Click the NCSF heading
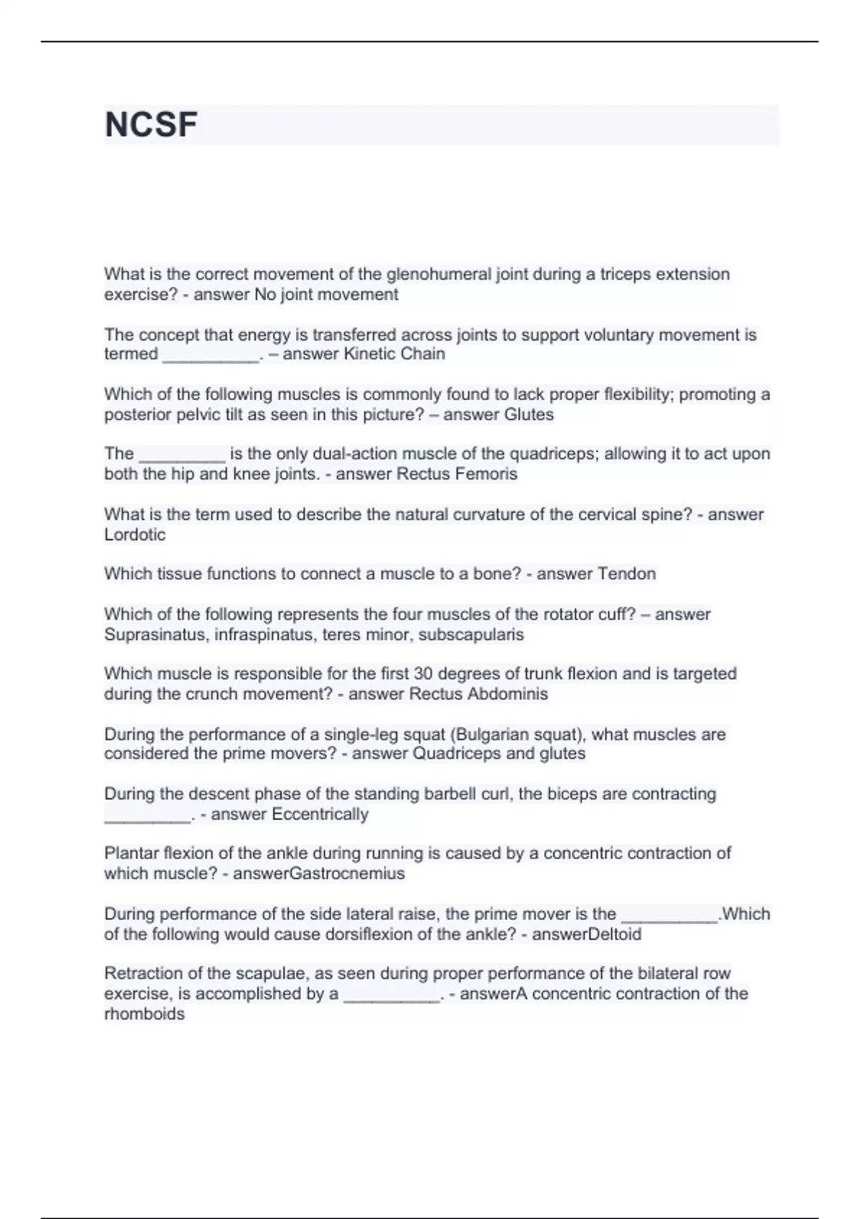[x=151, y=125]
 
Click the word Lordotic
[x=135, y=535]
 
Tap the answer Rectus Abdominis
[x=478, y=694]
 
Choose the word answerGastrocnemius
[x=319, y=873]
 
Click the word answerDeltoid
[x=586, y=934]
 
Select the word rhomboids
[x=144, y=1014]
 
